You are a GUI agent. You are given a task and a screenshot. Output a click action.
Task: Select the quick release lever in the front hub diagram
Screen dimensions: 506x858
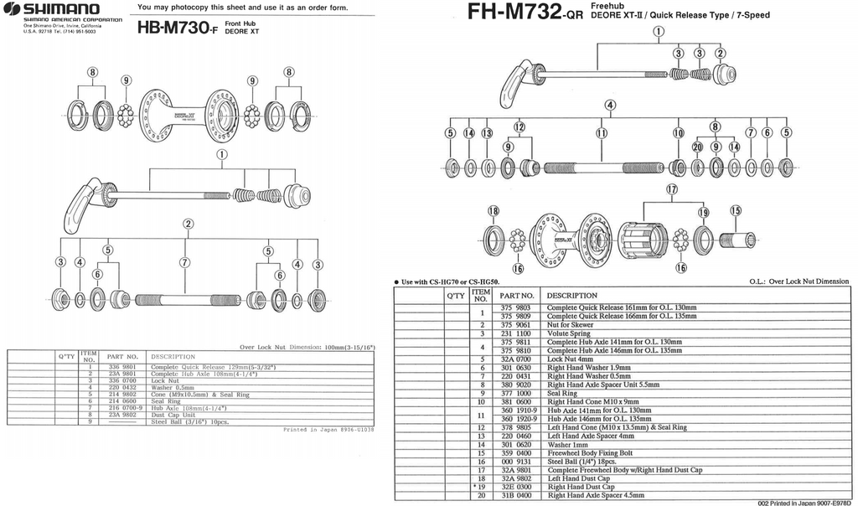point(82,206)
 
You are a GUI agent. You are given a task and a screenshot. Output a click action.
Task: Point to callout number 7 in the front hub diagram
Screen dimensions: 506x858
point(184,262)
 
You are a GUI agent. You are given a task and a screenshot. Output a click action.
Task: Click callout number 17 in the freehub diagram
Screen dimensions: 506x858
point(671,190)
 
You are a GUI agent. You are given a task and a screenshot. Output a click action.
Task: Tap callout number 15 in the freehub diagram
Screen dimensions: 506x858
point(736,211)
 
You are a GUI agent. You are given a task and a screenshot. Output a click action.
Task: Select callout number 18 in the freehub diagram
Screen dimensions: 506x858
point(493,211)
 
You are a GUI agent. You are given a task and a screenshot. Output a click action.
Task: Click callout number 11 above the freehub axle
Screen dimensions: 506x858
point(602,133)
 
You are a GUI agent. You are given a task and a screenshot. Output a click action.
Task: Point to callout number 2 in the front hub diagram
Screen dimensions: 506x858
point(189,224)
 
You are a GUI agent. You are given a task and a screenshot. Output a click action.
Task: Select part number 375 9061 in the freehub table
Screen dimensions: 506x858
point(516,325)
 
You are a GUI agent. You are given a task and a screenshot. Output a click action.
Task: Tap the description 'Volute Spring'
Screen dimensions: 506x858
point(571,333)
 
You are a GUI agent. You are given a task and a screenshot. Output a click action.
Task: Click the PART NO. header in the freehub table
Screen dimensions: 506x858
point(517,295)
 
